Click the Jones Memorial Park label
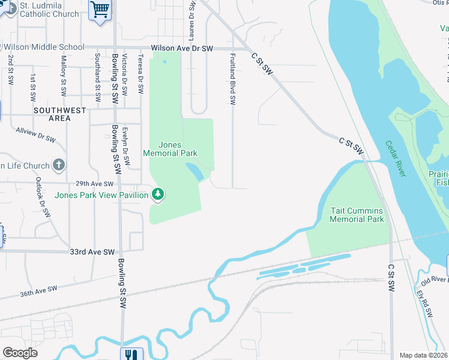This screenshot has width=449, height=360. (x=170, y=149)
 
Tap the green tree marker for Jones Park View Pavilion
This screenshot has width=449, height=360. (x=158, y=194)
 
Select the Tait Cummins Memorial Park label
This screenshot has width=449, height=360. (x=357, y=215)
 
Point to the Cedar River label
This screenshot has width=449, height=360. (x=396, y=158)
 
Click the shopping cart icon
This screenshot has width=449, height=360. (x=100, y=9)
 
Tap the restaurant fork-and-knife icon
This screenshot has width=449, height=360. (x=131, y=355)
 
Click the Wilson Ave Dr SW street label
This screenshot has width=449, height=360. (x=182, y=47)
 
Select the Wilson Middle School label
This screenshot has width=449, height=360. (x=43, y=47)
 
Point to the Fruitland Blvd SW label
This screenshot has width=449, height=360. (x=232, y=78)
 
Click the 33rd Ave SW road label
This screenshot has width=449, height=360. (x=92, y=252)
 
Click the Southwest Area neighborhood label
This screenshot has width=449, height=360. (x=60, y=114)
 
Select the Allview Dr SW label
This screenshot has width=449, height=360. (x=36, y=135)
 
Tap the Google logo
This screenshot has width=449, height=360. (x=20, y=352)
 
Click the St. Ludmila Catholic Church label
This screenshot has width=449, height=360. (x=49, y=10)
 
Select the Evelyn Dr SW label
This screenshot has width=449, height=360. (x=126, y=145)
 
